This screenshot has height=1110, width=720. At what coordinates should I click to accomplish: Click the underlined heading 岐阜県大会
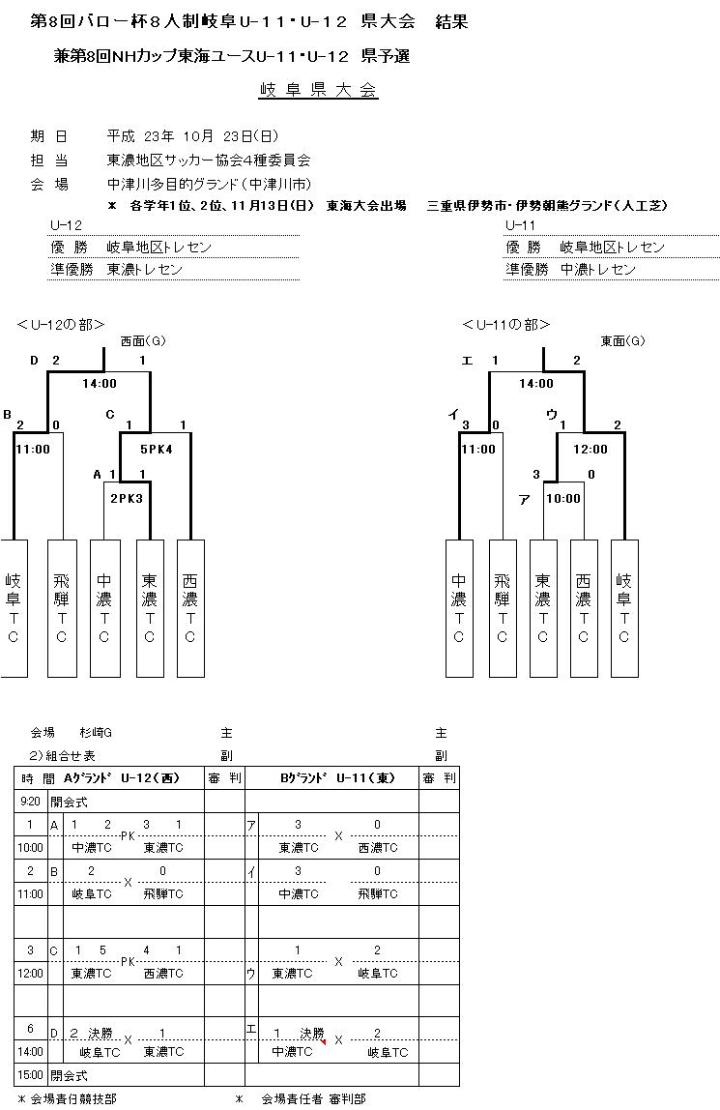coord(318,91)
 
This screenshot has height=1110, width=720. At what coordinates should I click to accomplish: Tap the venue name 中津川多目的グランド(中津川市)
coord(209,184)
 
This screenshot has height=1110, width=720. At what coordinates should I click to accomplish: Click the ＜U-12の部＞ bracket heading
coord(60,325)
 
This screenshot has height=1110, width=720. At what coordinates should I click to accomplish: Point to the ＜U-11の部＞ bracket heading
coord(506,325)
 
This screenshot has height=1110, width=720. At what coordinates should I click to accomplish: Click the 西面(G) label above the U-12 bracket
coord(143,341)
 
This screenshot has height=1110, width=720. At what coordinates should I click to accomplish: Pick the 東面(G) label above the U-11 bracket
coord(623,341)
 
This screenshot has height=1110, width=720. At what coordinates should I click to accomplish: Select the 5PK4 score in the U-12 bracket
coord(155,449)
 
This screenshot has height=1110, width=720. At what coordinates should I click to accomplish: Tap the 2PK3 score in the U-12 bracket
coord(126,499)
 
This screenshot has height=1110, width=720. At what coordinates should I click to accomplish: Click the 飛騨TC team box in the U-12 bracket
coord(62,607)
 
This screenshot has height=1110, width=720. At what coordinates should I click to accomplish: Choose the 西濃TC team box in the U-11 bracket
coord(583,607)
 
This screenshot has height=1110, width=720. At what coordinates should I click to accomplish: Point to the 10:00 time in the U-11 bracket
coord(563,499)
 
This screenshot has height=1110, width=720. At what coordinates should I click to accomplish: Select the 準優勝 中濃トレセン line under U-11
coord(570,270)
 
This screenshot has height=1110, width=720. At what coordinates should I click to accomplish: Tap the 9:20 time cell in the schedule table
coord(30,802)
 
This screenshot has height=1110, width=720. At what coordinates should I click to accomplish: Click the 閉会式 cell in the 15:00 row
coord(69,1074)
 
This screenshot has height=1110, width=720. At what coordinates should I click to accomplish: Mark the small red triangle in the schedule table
coord(324,1041)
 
